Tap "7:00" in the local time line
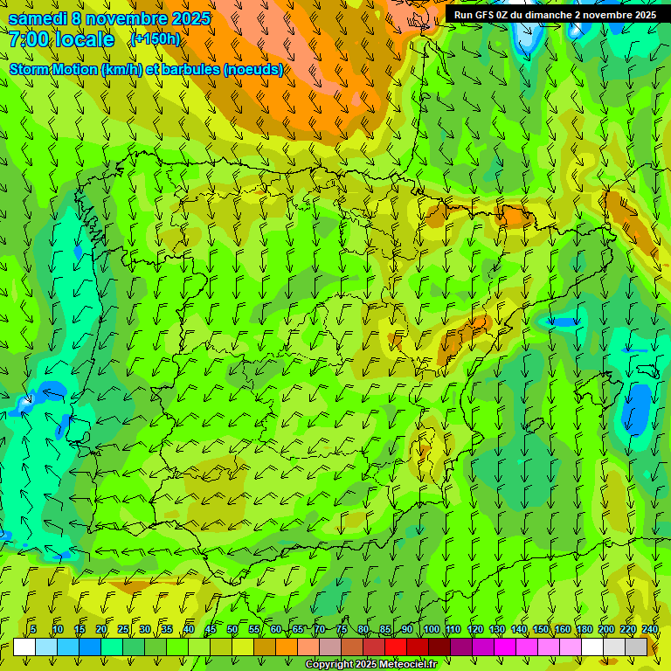click(29, 39)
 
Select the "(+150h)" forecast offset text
click(155, 39)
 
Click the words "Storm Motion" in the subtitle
click(54, 69)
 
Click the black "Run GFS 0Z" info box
click(555, 15)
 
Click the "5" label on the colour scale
click(33, 629)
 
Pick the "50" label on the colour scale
click(232, 629)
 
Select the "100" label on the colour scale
click(431, 629)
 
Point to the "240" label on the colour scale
click(650, 629)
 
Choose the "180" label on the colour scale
click(584, 629)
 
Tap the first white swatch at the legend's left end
click(24, 647)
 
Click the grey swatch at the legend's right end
click(636, 647)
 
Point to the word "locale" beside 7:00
click(86, 39)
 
